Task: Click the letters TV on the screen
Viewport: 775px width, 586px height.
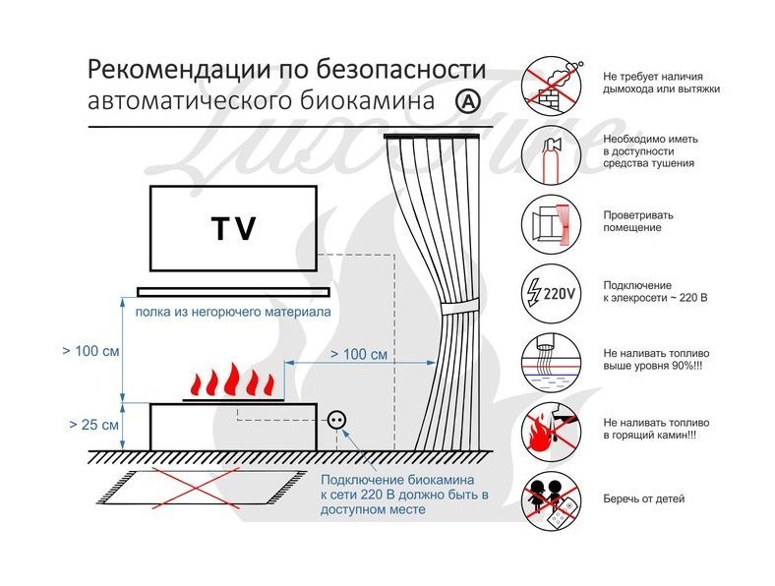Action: [233, 229]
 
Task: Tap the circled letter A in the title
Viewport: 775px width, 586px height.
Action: [467, 101]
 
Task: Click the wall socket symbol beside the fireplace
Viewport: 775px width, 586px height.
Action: [338, 420]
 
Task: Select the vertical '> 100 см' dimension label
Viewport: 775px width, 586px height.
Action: [96, 350]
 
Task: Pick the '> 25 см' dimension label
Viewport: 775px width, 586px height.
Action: [94, 426]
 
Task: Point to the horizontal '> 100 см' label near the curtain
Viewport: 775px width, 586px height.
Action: [358, 353]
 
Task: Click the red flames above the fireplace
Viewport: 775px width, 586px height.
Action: [230, 381]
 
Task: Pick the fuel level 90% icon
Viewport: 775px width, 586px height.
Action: [548, 359]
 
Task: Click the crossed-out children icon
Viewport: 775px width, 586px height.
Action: [548, 499]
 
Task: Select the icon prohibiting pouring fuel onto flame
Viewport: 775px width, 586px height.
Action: [548, 429]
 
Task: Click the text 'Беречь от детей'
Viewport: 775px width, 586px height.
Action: [643, 499]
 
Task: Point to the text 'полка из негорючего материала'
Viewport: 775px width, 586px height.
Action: [224, 312]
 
